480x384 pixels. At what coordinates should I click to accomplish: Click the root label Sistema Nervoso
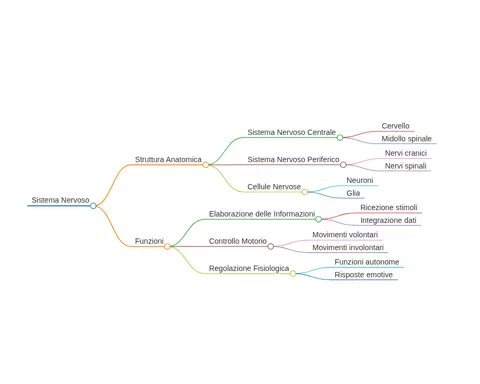(60, 200)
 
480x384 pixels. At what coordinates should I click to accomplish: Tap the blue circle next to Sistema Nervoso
(93, 206)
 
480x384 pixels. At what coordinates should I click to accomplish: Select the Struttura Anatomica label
(168, 159)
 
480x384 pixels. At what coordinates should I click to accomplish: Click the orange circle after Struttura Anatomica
(206, 165)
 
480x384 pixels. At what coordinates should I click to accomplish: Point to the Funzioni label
(149, 241)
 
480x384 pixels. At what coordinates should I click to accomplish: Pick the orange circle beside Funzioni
(167, 246)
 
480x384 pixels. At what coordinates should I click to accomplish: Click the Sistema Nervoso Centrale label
(291, 132)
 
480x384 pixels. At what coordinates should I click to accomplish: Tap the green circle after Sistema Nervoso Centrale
(340, 137)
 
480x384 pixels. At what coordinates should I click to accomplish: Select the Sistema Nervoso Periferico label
(293, 159)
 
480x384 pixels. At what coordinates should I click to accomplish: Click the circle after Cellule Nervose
(305, 192)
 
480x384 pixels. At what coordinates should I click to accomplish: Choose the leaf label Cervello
(395, 126)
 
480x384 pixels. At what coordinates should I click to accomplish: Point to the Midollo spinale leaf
(406, 139)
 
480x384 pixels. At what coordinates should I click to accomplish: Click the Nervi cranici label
(406, 153)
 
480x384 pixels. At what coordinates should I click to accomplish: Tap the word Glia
(353, 193)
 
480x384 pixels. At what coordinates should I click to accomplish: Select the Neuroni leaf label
(360, 180)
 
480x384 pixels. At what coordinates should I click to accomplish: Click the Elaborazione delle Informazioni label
(262, 214)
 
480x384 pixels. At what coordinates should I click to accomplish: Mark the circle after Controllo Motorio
(271, 246)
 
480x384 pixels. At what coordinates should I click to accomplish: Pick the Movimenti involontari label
(348, 247)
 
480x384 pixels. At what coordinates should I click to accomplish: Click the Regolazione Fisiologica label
(249, 268)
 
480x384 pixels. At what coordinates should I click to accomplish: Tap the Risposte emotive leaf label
(363, 275)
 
